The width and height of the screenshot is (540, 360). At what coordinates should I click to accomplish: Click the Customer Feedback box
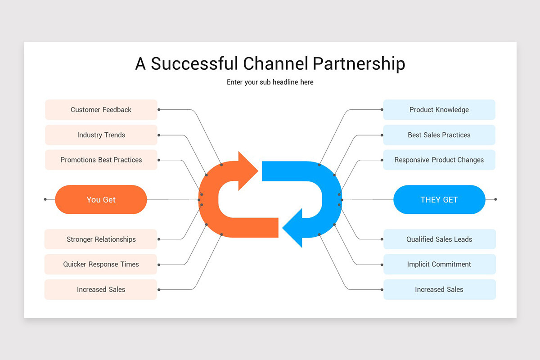pos(101,110)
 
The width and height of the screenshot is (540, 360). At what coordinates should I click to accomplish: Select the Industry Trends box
pos(101,135)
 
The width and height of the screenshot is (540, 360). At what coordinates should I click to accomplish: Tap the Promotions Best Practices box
pos(101,160)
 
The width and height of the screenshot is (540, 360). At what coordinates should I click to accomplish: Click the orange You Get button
pos(101,199)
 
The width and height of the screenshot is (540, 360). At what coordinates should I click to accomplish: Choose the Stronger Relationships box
pos(101,239)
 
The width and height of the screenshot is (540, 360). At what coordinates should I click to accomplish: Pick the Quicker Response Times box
pos(101,264)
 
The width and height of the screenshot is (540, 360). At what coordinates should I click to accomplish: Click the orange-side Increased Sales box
pos(101,289)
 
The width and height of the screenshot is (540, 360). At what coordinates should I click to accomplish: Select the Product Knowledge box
pos(439,110)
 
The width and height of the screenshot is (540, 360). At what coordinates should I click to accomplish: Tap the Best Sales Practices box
pos(439,135)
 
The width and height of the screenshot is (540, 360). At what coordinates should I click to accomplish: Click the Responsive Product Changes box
pos(439,160)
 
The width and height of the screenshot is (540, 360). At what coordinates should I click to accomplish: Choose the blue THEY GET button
pos(439,199)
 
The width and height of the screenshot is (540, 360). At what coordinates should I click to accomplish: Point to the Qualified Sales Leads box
pos(439,239)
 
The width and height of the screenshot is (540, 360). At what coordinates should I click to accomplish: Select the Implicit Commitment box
pos(439,264)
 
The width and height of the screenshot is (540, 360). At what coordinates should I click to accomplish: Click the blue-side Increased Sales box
pos(439,289)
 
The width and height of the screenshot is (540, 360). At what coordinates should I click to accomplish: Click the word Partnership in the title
pos(359,64)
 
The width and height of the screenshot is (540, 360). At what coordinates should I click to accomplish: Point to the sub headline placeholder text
pos(270,82)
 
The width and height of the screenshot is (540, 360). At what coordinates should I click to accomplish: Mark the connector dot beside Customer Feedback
pos(159,109)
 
